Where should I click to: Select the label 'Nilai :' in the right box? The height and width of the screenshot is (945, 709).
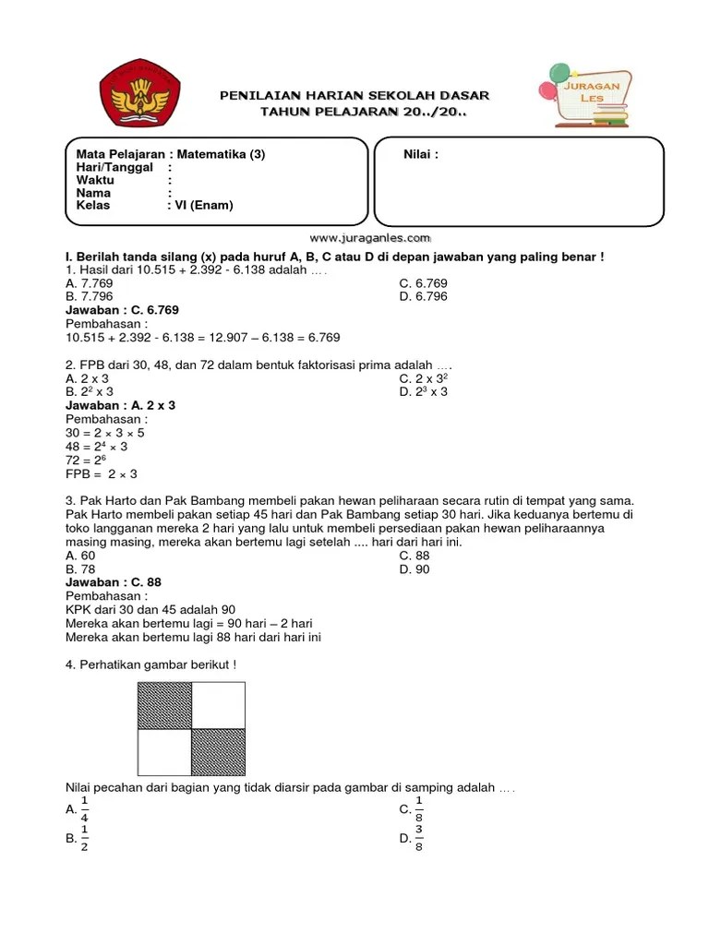pos(421,155)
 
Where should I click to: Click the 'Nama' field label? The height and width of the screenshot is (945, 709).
pos(93,193)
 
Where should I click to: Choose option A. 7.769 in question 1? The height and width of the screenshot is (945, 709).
pos(89,283)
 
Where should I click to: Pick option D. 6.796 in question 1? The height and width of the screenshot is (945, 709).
pos(423,297)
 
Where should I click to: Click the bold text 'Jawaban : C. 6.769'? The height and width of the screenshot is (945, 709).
pos(122,310)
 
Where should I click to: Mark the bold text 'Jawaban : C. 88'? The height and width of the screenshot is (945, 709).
pos(113,582)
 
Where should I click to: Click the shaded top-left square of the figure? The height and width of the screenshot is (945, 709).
pos(164,706)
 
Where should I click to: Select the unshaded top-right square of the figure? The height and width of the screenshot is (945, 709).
pos(218,706)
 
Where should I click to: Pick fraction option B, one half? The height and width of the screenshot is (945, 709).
pos(78,839)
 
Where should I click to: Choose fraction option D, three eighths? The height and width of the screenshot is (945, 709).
pos(412,839)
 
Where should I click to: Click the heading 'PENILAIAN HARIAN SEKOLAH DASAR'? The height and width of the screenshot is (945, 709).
pos(354,96)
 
